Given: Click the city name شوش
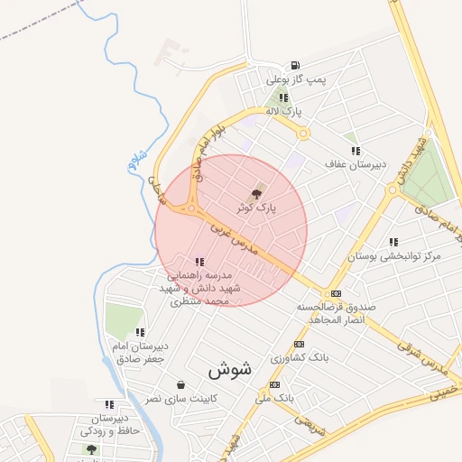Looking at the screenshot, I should click(x=226, y=369).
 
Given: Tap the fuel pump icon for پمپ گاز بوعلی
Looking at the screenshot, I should click(x=295, y=66).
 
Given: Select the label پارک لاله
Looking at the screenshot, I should click(x=283, y=110).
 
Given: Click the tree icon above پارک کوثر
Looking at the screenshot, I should click(x=256, y=194).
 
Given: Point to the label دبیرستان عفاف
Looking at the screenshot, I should click(x=356, y=164).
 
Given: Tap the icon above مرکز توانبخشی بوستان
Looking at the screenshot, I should click(x=393, y=242).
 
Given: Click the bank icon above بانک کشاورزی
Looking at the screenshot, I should click(x=299, y=344).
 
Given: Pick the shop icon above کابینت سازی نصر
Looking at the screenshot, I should click(x=180, y=384).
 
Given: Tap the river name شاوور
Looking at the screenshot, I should click(x=137, y=162).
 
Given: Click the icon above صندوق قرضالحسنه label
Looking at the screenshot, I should click(x=336, y=293).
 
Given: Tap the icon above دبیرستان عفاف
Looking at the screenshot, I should click(x=356, y=151).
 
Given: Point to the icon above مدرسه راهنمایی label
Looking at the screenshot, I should click(x=199, y=262).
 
